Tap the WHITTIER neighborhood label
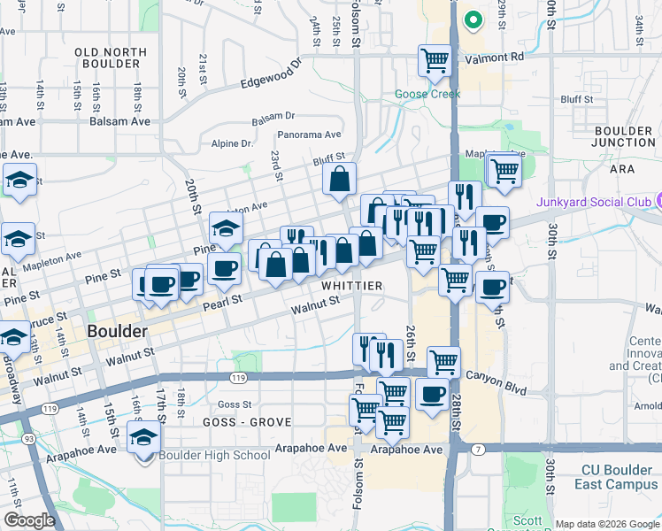[x=351, y=286]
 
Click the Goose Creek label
[x=427, y=94]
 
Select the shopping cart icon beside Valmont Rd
[x=435, y=59]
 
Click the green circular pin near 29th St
[x=473, y=19]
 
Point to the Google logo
[x=29, y=520]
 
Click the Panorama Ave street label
[x=309, y=135]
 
